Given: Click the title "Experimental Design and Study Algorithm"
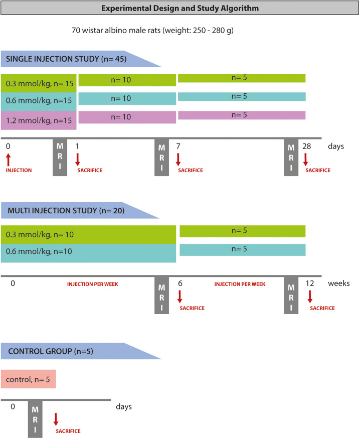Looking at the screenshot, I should pyautogui.click(x=180, y=8).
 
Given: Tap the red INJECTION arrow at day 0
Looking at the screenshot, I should pyautogui.click(x=8, y=160).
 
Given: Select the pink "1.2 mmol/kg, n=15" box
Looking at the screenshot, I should pyautogui.click(x=39, y=120).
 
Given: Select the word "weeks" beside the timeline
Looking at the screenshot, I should pyautogui.click(x=339, y=283).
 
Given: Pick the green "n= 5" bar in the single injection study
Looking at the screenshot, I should pyautogui.click(x=242, y=78).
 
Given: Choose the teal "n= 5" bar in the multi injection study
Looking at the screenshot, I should pyautogui.click(x=242, y=249).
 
